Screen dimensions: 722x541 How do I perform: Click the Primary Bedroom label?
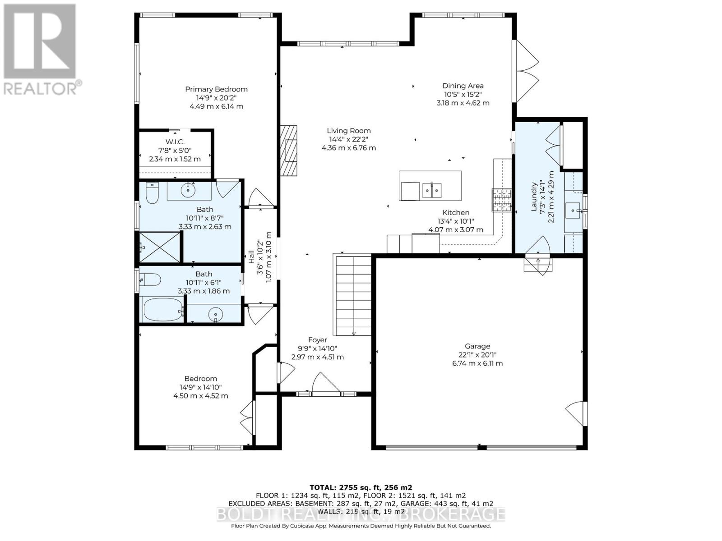(216, 89)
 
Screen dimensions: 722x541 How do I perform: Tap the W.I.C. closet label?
(175, 142)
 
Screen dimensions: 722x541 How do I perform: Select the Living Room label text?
(348, 131)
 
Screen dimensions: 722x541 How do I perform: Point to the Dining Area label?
(463, 86)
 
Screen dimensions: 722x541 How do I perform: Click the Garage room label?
(477, 346)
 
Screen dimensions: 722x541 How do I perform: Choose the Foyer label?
(317, 340)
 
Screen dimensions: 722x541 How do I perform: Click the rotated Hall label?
(251, 257)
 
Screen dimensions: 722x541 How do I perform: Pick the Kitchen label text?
(456, 212)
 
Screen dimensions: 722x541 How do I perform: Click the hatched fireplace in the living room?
(288, 151)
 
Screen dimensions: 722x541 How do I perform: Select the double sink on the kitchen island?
(432, 191)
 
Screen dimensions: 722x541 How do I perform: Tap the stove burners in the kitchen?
(502, 200)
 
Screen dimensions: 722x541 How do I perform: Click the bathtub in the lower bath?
(163, 309)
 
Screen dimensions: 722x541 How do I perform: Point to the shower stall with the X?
(160, 247)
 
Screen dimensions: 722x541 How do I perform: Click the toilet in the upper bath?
(152, 193)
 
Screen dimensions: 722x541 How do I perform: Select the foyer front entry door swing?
(325, 382)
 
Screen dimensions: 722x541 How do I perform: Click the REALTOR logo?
(41, 49)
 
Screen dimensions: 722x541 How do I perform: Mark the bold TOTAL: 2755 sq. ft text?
(361, 487)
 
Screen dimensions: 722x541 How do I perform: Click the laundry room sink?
(573, 211)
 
